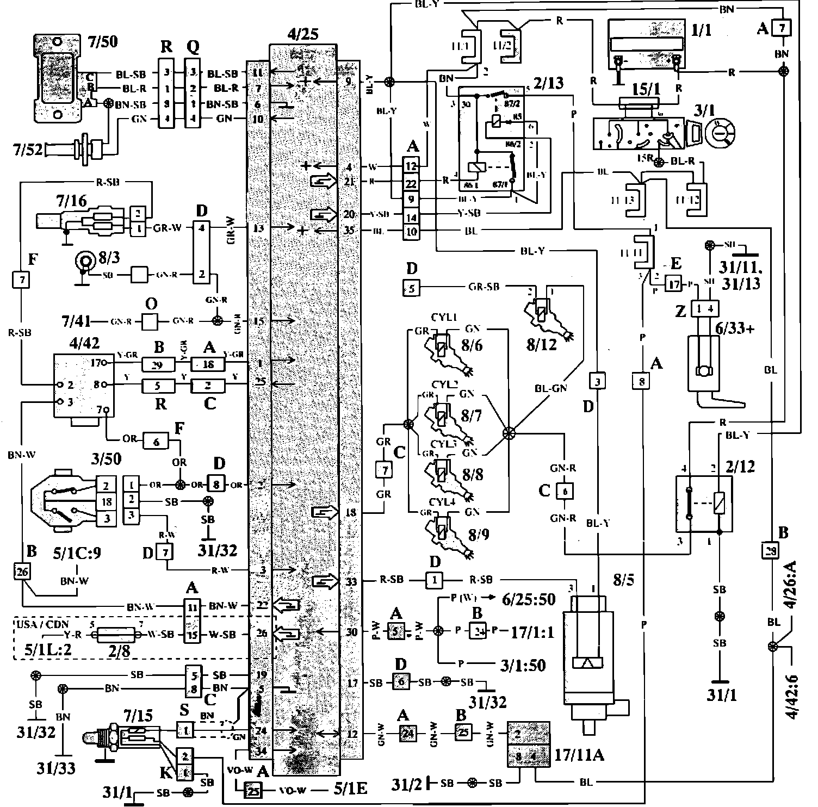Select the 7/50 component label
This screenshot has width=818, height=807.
[x=103, y=41]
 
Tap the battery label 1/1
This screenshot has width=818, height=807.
[x=701, y=30]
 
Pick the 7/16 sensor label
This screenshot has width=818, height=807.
[x=71, y=202]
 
